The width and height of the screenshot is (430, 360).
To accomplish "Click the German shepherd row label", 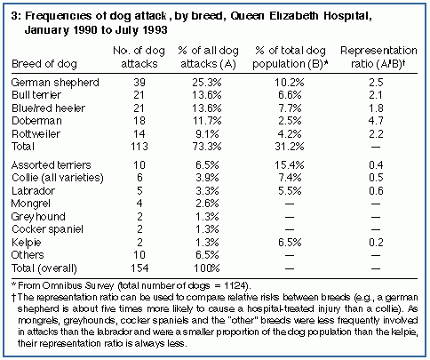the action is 55,83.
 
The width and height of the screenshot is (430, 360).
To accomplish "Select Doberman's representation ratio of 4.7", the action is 376,121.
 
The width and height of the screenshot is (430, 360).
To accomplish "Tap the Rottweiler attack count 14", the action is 139,134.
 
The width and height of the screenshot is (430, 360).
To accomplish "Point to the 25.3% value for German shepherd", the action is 207,83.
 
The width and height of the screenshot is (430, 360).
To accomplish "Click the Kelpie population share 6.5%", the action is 290,243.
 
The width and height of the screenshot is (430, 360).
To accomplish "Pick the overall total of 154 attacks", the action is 139,268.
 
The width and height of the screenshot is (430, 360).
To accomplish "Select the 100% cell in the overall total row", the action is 207,268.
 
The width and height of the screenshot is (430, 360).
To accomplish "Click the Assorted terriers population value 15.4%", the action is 290,165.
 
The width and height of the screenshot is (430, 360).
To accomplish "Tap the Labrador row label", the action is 33,191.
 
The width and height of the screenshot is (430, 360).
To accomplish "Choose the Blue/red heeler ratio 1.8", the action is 376,108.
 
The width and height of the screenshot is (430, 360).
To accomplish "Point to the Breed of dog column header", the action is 44,64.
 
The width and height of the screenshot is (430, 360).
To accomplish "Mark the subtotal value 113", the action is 139,147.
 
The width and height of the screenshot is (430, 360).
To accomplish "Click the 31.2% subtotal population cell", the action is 290,147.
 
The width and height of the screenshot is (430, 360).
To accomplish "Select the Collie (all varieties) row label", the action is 58,178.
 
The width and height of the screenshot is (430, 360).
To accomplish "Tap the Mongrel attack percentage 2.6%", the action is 207,204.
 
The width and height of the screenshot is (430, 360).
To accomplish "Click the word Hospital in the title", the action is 347,16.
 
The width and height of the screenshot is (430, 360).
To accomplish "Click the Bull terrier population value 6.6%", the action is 290,95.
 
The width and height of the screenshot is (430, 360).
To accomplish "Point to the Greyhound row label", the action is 38,217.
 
